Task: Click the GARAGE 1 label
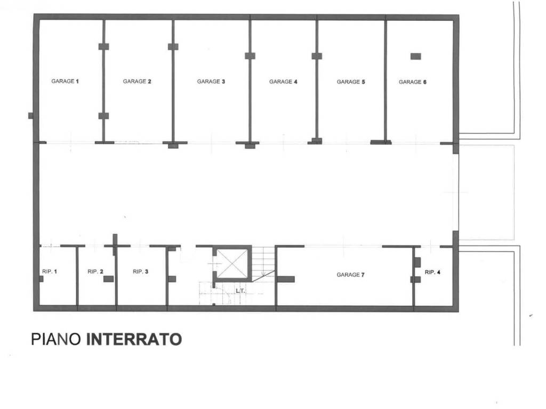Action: point(65,81)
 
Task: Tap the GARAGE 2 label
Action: point(137,81)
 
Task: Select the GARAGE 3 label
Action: point(211,81)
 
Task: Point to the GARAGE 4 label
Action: point(283,81)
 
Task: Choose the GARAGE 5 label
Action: point(351,81)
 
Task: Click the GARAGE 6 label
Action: point(413,81)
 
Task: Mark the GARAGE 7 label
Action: point(350,275)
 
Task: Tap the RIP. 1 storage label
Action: point(50,272)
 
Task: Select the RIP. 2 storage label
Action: point(95,272)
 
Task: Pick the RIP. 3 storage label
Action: point(141,272)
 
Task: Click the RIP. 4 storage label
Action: point(432,272)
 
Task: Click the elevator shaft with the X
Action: point(232,263)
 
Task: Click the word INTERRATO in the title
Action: point(134,339)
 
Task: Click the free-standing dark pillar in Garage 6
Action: point(415,56)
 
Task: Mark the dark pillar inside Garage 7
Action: point(286,279)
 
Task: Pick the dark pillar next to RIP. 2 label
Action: point(108,279)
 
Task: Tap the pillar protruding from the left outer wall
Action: point(31,116)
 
